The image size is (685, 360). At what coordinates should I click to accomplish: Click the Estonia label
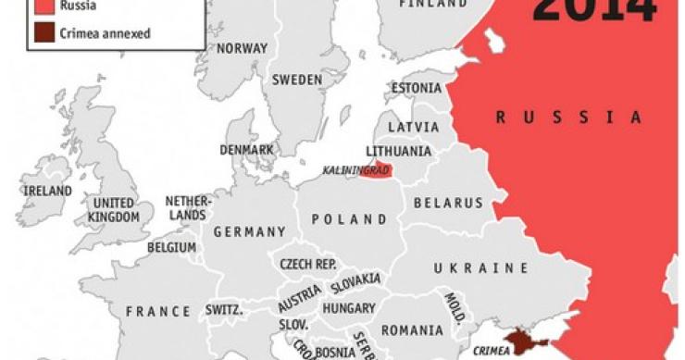pos(417,89)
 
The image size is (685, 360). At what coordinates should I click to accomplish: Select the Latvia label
pos(413,126)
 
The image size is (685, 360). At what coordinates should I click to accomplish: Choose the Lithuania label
pos(399,150)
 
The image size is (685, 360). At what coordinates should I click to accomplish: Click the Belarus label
pos(448,202)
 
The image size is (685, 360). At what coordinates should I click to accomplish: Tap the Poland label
pos(349,219)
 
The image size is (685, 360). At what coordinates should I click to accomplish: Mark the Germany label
pos(250,231)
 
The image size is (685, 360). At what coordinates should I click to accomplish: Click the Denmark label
pos(246,149)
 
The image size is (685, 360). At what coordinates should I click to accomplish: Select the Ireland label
pos(48,191)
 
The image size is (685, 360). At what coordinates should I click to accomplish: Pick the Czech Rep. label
pos(307,264)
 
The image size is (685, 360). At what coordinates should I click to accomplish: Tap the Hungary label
pos(349,308)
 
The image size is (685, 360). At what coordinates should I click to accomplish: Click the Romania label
pos(411,329)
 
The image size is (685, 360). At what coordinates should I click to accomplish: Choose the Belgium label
pos(171,247)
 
